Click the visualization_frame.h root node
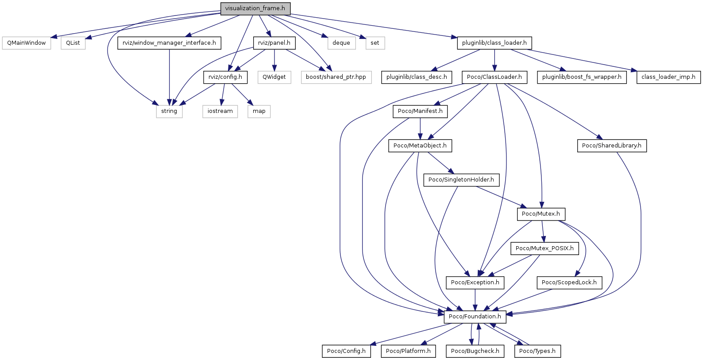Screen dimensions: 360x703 [255, 8]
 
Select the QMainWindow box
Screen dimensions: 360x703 [27, 43]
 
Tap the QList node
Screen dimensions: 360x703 [73, 43]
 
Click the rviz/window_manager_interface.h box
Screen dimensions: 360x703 [169, 43]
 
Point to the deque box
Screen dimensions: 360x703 [341, 43]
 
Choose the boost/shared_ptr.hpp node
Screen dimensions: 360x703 [336, 77]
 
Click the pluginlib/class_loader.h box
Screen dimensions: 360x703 [494, 43]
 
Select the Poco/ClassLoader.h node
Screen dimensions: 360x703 [494, 77]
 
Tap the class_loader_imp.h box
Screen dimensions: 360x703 [668, 77]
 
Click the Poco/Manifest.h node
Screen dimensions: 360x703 [420, 111]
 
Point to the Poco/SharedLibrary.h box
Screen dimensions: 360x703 [611, 146]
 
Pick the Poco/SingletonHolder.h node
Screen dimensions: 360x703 [461, 180]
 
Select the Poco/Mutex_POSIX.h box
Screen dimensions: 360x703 [544, 248]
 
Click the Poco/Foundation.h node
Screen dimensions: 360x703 [475, 317]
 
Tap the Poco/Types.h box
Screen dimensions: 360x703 [537, 351]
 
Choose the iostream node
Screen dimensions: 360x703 [220, 111]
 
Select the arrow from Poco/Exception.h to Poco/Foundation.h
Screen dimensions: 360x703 [475, 299]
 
